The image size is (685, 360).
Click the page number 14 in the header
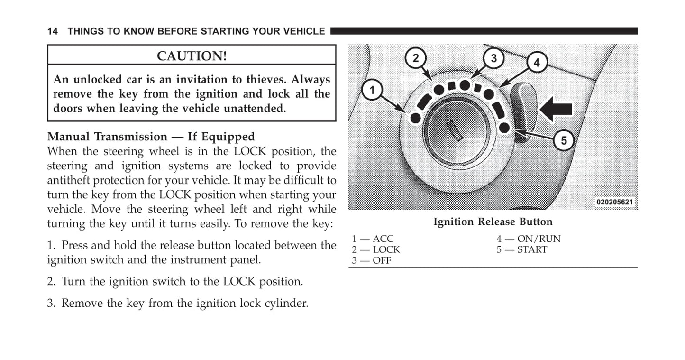pyautogui.click(x=52, y=31)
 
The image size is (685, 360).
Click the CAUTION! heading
pyautogui.click(x=192, y=56)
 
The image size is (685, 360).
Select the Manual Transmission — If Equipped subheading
pyautogui.click(x=151, y=137)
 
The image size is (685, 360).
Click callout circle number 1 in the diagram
pyautogui.click(x=372, y=90)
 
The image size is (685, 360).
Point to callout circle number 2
pyautogui.click(x=416, y=58)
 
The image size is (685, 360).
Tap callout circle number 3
pyautogui.click(x=493, y=58)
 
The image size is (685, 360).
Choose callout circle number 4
pyautogui.click(x=537, y=63)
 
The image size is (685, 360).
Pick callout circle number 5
pyautogui.click(x=564, y=140)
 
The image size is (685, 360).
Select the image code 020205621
pyautogui.click(x=614, y=202)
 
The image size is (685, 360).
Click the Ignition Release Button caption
pyautogui.click(x=493, y=222)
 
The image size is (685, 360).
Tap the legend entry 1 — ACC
pyautogui.click(x=373, y=239)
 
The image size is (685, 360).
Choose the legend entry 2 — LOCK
pyautogui.click(x=376, y=249)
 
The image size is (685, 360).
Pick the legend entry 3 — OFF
pyautogui.click(x=372, y=260)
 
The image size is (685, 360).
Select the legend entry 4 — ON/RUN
pyautogui.click(x=529, y=239)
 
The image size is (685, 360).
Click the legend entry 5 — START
pyautogui.click(x=522, y=249)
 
